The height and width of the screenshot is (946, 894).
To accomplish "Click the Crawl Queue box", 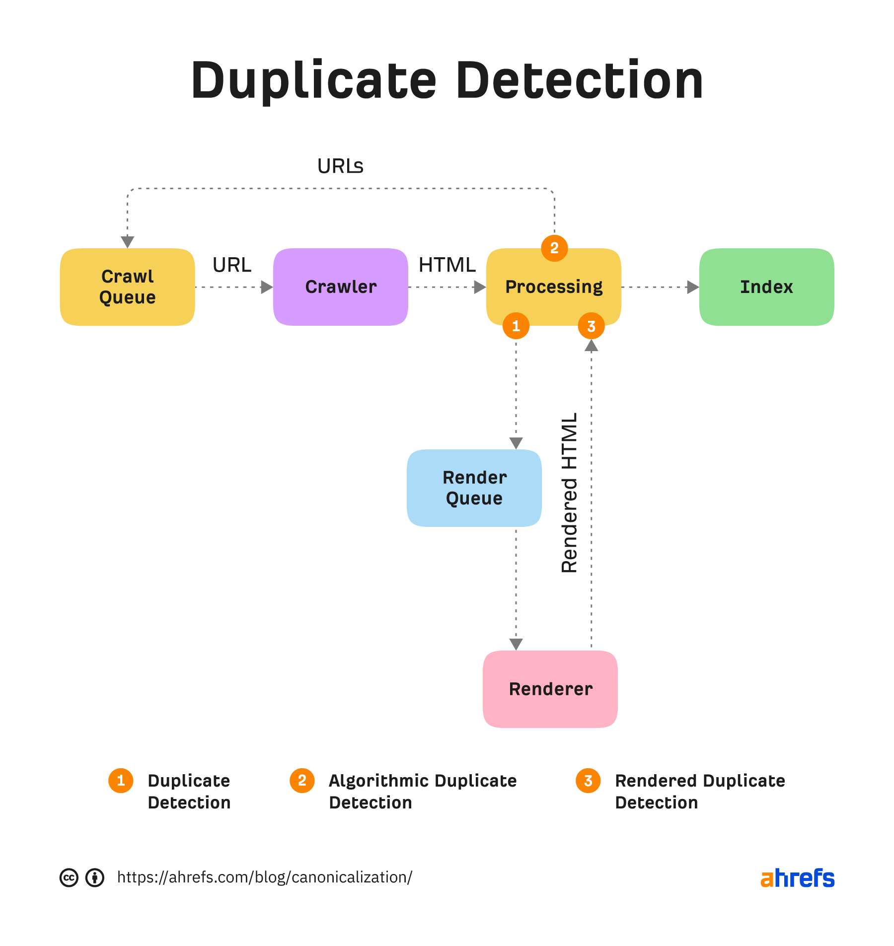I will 127,287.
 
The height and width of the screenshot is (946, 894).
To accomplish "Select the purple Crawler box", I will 341,287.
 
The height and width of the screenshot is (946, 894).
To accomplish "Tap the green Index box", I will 766,287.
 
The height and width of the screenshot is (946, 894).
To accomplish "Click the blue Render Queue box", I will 474,488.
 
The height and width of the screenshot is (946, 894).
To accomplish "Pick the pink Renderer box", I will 550,689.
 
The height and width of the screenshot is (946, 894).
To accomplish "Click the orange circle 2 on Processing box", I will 554,248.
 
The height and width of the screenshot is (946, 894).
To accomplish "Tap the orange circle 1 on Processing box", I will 516,326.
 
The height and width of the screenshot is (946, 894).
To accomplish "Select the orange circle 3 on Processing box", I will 591,326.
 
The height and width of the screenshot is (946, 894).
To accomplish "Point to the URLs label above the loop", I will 340,166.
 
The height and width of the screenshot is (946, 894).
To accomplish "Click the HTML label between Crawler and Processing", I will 447,265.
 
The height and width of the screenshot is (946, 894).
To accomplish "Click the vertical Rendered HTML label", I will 569,493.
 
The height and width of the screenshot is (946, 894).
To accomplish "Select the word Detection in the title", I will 579,80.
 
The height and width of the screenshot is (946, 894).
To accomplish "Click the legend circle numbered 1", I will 121,781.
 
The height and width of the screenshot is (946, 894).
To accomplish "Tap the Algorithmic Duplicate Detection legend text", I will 422,792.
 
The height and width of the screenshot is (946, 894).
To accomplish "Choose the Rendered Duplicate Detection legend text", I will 699,792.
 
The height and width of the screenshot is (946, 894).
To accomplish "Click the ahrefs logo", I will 798,878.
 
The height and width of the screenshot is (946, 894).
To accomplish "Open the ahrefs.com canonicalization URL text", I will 264,877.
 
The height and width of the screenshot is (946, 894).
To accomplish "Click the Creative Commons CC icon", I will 69,877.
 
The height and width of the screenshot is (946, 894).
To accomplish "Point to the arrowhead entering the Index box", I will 693,287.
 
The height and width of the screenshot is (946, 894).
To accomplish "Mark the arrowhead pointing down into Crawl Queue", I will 128,242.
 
